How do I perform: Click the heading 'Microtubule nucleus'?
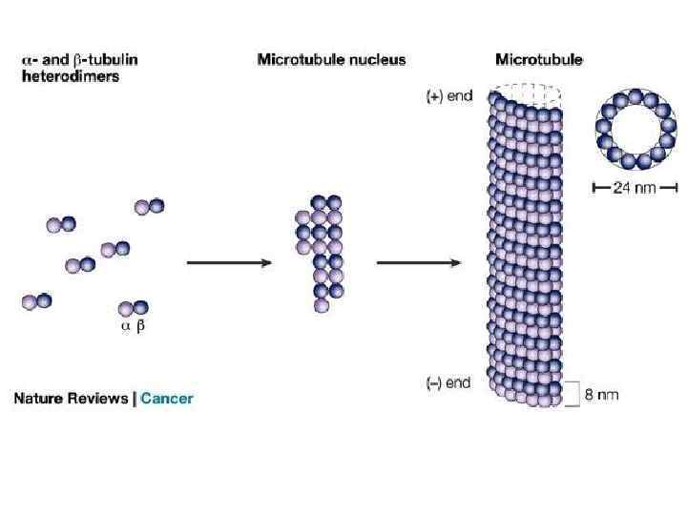tap(331, 59)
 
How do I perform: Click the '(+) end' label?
tap(448, 96)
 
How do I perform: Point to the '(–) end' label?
tap(448, 382)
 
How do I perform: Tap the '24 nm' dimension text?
tap(634, 188)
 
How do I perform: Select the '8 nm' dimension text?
tap(599, 393)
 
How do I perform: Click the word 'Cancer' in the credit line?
tap(167, 398)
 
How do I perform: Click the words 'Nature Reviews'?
tap(71, 398)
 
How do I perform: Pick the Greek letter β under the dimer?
tap(141, 327)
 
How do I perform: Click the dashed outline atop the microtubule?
tap(521, 92)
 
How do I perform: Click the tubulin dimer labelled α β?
tap(133, 309)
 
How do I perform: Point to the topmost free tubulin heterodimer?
tap(150, 206)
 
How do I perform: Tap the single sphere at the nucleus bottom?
tap(322, 306)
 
